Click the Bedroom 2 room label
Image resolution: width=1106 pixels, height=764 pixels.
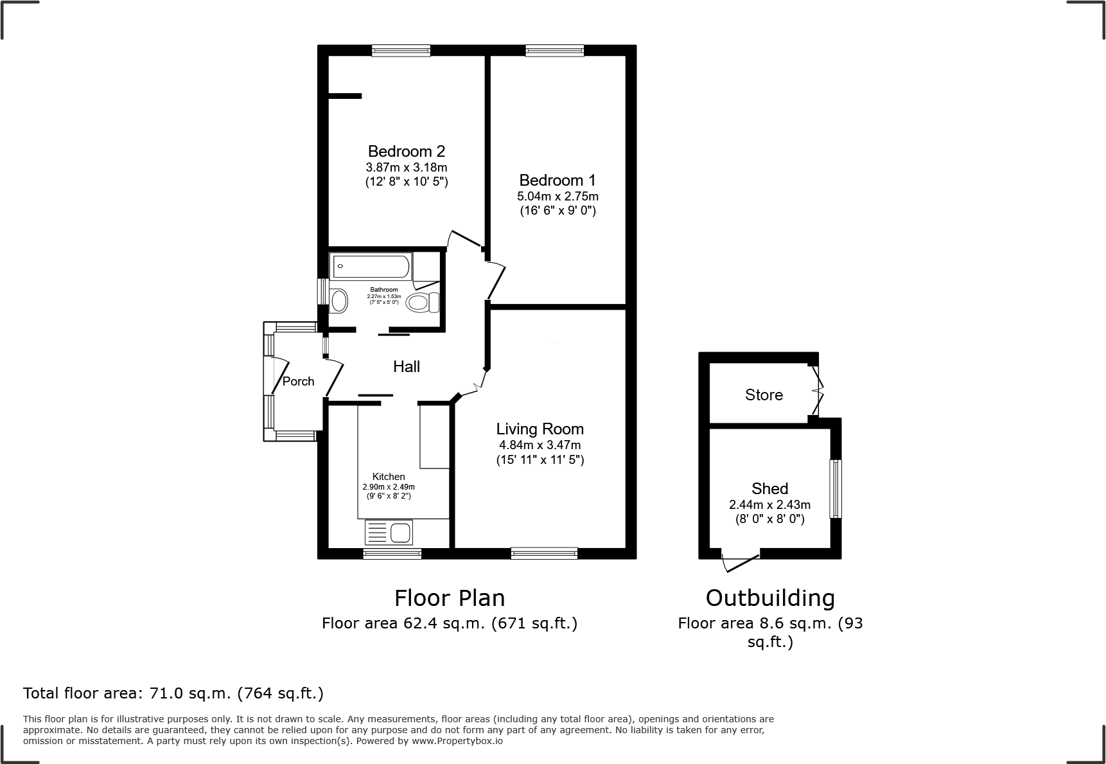(x=406, y=152)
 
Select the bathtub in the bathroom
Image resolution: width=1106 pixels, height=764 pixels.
(x=371, y=266)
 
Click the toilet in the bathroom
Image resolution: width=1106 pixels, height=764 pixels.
(x=423, y=302)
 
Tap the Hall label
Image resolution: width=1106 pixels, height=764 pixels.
(x=406, y=367)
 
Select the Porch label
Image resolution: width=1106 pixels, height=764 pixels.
(x=299, y=382)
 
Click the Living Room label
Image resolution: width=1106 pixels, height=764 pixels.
(x=540, y=429)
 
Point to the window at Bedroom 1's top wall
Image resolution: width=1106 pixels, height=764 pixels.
(x=554, y=51)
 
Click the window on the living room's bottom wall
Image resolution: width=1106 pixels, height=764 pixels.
(x=544, y=553)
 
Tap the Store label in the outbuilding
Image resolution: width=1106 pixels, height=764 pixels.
(x=764, y=395)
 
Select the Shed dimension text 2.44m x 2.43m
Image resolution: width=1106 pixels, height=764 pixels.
(x=769, y=505)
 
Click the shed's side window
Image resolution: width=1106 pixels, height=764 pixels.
(x=835, y=488)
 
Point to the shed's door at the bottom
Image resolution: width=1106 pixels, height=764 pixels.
(x=741, y=562)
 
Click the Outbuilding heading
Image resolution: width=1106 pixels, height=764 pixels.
(x=770, y=598)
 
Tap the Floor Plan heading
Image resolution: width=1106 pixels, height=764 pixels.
(x=450, y=598)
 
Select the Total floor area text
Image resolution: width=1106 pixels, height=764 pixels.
(x=173, y=693)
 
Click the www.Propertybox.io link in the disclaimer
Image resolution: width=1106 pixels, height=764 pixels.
(x=457, y=741)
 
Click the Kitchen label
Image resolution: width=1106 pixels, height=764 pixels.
(x=389, y=477)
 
